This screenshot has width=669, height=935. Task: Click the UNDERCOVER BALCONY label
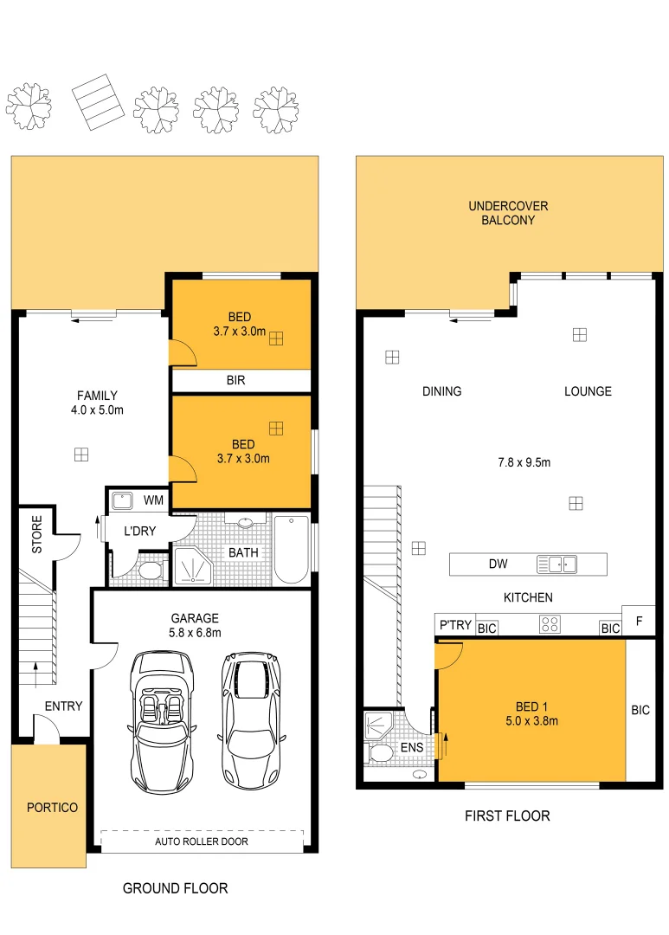tap(508, 213)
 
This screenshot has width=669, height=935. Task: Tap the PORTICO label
tap(52, 808)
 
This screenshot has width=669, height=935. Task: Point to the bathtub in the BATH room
tap(292, 551)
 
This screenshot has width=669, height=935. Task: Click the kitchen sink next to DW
tap(556, 564)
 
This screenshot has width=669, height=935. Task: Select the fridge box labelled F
tap(639, 621)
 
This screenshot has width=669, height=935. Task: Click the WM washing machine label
tap(153, 500)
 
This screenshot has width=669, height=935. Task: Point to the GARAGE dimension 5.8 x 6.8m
tap(194, 633)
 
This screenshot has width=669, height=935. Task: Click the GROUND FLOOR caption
tap(175, 888)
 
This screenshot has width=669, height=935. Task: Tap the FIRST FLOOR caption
tap(507, 816)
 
